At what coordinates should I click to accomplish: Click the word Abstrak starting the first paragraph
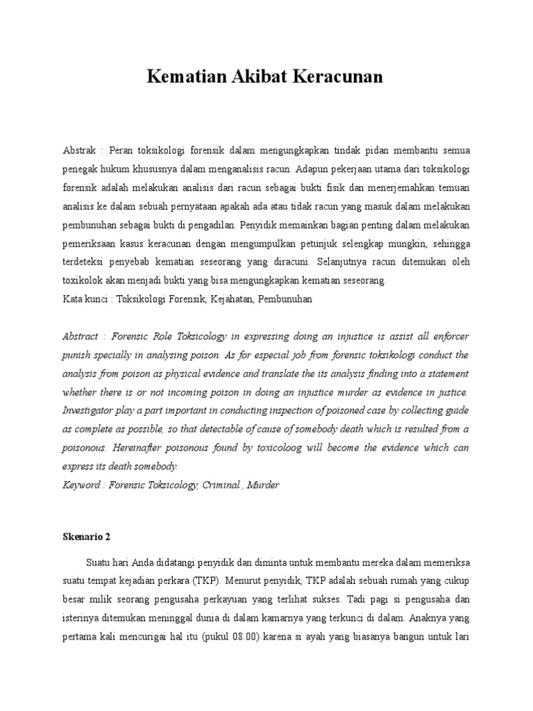click(x=79, y=150)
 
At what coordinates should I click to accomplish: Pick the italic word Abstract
click(x=81, y=336)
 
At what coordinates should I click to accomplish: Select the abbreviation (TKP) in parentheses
click(x=208, y=579)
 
